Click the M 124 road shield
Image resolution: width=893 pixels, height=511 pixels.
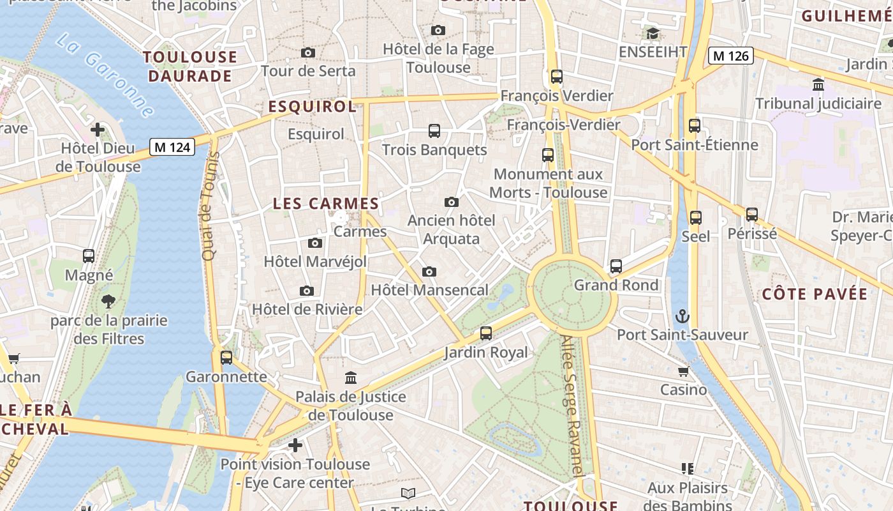click(172, 147)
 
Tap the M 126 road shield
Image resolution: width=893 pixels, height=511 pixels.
click(731, 56)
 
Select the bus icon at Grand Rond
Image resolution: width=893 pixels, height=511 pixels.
click(616, 266)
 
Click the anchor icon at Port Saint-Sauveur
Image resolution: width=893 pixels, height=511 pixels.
click(683, 316)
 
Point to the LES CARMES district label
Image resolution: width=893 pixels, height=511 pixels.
click(326, 204)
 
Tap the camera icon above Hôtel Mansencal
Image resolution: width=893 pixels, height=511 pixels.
click(429, 271)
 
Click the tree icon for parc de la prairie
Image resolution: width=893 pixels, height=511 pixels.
click(108, 301)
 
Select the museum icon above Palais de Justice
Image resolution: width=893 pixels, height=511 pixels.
click(351, 378)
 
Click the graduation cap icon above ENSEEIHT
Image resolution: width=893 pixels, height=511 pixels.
click(652, 33)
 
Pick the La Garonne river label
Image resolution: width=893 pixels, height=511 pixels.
click(105, 75)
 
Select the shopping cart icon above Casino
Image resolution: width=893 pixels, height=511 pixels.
click(683, 371)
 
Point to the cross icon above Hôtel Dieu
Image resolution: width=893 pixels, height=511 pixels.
click(98, 130)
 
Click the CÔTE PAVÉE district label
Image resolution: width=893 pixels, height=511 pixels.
click(815, 294)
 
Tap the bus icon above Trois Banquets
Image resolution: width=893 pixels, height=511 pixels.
click(434, 131)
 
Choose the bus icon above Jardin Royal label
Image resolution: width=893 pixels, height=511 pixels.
click(486, 333)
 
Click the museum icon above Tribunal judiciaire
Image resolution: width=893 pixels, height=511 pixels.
click(818, 84)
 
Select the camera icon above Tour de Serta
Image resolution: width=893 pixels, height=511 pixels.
click(308, 52)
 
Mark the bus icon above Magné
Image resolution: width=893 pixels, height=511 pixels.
click(89, 256)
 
